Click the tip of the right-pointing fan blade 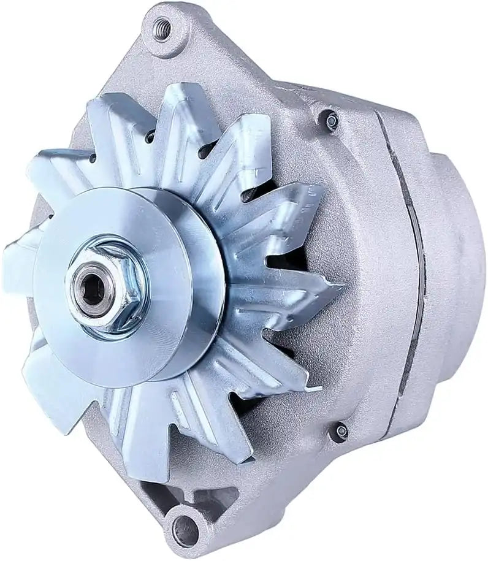pyautogui.click(x=336, y=287)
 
